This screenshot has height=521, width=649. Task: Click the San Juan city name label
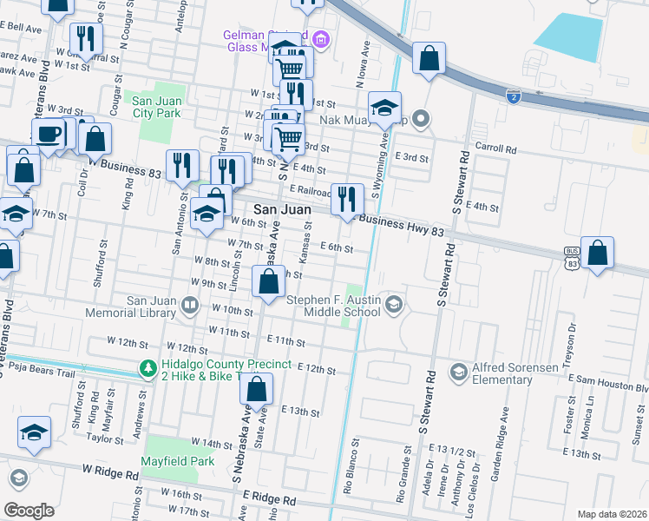tap(282, 209)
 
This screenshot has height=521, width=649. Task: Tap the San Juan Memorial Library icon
tap(192, 306)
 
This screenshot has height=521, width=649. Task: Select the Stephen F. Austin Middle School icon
tap(395, 303)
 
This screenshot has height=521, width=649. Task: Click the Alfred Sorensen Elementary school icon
tap(458, 372)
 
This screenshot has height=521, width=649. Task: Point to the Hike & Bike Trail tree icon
tap(147, 371)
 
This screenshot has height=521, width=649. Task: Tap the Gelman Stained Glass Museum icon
tap(321, 39)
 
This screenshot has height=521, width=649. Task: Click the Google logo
tap(29, 510)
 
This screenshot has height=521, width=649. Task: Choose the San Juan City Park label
tap(156, 107)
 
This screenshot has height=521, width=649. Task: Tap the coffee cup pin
tap(48, 135)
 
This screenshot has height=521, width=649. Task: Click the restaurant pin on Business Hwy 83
tap(347, 200)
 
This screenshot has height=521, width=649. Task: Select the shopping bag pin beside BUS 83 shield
tap(597, 254)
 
